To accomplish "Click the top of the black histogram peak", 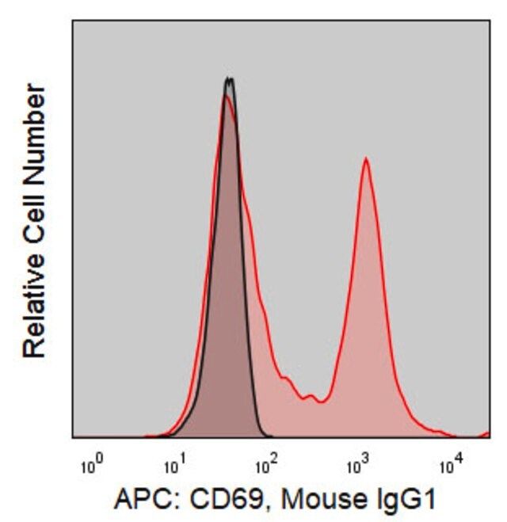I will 229,78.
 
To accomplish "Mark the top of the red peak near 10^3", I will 365,159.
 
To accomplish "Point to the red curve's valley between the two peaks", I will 320,402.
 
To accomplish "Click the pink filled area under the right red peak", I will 366,333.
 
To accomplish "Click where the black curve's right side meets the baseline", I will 267,436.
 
